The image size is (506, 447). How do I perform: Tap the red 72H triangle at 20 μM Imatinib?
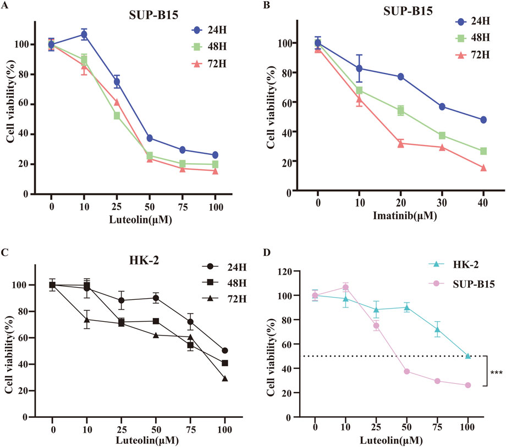coord(401,144)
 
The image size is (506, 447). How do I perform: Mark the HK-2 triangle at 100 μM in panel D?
coord(468,356)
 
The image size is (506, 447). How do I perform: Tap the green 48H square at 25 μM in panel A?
coord(117,116)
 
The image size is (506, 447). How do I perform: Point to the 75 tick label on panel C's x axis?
coord(190,427)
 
